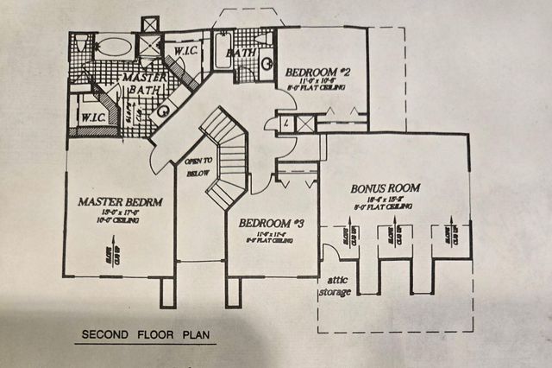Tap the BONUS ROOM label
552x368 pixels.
click(x=385, y=187)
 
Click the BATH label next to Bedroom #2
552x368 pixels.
click(x=237, y=54)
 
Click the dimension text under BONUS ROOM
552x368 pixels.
click(x=385, y=200)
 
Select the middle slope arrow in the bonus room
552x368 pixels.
click(x=397, y=235)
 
